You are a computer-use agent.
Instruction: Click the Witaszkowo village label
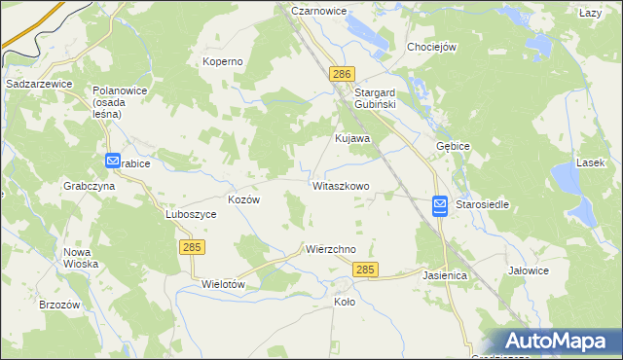341,185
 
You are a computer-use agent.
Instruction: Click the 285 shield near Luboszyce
191,248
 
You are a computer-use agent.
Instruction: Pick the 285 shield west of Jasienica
366,270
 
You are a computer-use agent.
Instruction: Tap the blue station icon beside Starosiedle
439,205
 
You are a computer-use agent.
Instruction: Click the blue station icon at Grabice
113,162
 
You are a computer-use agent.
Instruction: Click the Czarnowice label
318,11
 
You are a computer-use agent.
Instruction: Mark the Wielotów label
222,284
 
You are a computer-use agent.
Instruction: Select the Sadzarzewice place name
40,85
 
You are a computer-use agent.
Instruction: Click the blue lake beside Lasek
566,177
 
